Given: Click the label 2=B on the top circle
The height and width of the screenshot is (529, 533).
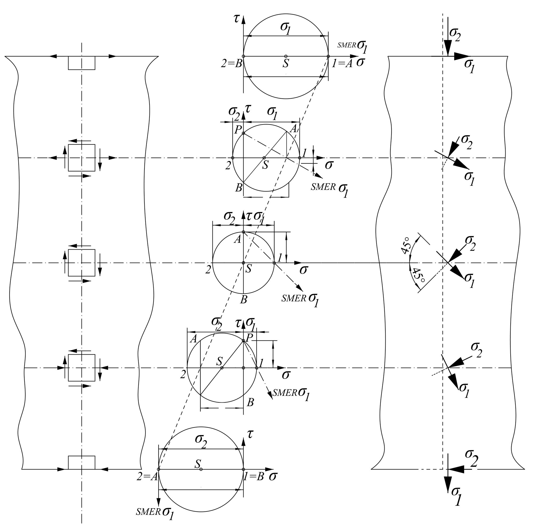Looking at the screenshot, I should [232, 64].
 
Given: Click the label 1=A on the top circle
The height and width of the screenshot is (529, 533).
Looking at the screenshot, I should [342, 64].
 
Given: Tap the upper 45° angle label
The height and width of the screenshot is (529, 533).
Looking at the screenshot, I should [406, 245].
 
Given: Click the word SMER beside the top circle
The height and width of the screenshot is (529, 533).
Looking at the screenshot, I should [346, 45].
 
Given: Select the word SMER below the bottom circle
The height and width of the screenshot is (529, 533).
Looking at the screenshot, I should [148, 512].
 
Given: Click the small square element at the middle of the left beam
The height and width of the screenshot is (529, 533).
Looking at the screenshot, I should [82, 262].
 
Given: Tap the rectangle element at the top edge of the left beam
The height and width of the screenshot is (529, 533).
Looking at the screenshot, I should [82, 63].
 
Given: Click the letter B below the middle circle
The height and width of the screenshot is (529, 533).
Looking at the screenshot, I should [243, 299].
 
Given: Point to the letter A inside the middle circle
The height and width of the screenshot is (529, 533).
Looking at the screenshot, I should [237, 239].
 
